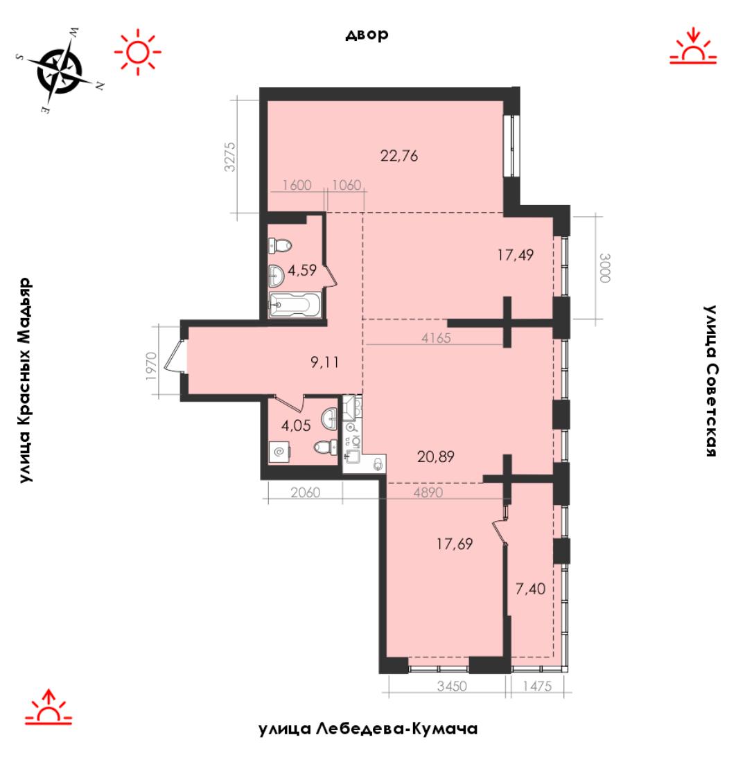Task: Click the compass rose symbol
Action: [x=60, y=71]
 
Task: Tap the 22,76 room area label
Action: [x=398, y=156]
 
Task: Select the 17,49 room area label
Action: [x=516, y=255]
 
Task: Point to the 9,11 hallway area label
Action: [x=324, y=362]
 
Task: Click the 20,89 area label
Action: [x=436, y=457]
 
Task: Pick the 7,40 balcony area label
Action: [x=530, y=589]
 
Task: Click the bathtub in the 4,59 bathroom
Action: [x=295, y=305]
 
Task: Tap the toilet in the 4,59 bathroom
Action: [x=280, y=245]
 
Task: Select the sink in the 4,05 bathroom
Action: [x=329, y=418]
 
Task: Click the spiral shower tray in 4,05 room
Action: [x=279, y=452]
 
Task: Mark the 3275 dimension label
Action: [x=230, y=157]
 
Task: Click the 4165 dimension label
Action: [x=436, y=338]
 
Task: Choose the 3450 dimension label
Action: [x=452, y=686]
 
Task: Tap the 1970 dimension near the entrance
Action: [x=151, y=366]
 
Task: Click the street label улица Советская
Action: [x=711, y=380]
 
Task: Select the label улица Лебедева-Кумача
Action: [x=367, y=729]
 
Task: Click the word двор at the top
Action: [x=367, y=35]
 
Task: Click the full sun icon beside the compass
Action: [x=138, y=51]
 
